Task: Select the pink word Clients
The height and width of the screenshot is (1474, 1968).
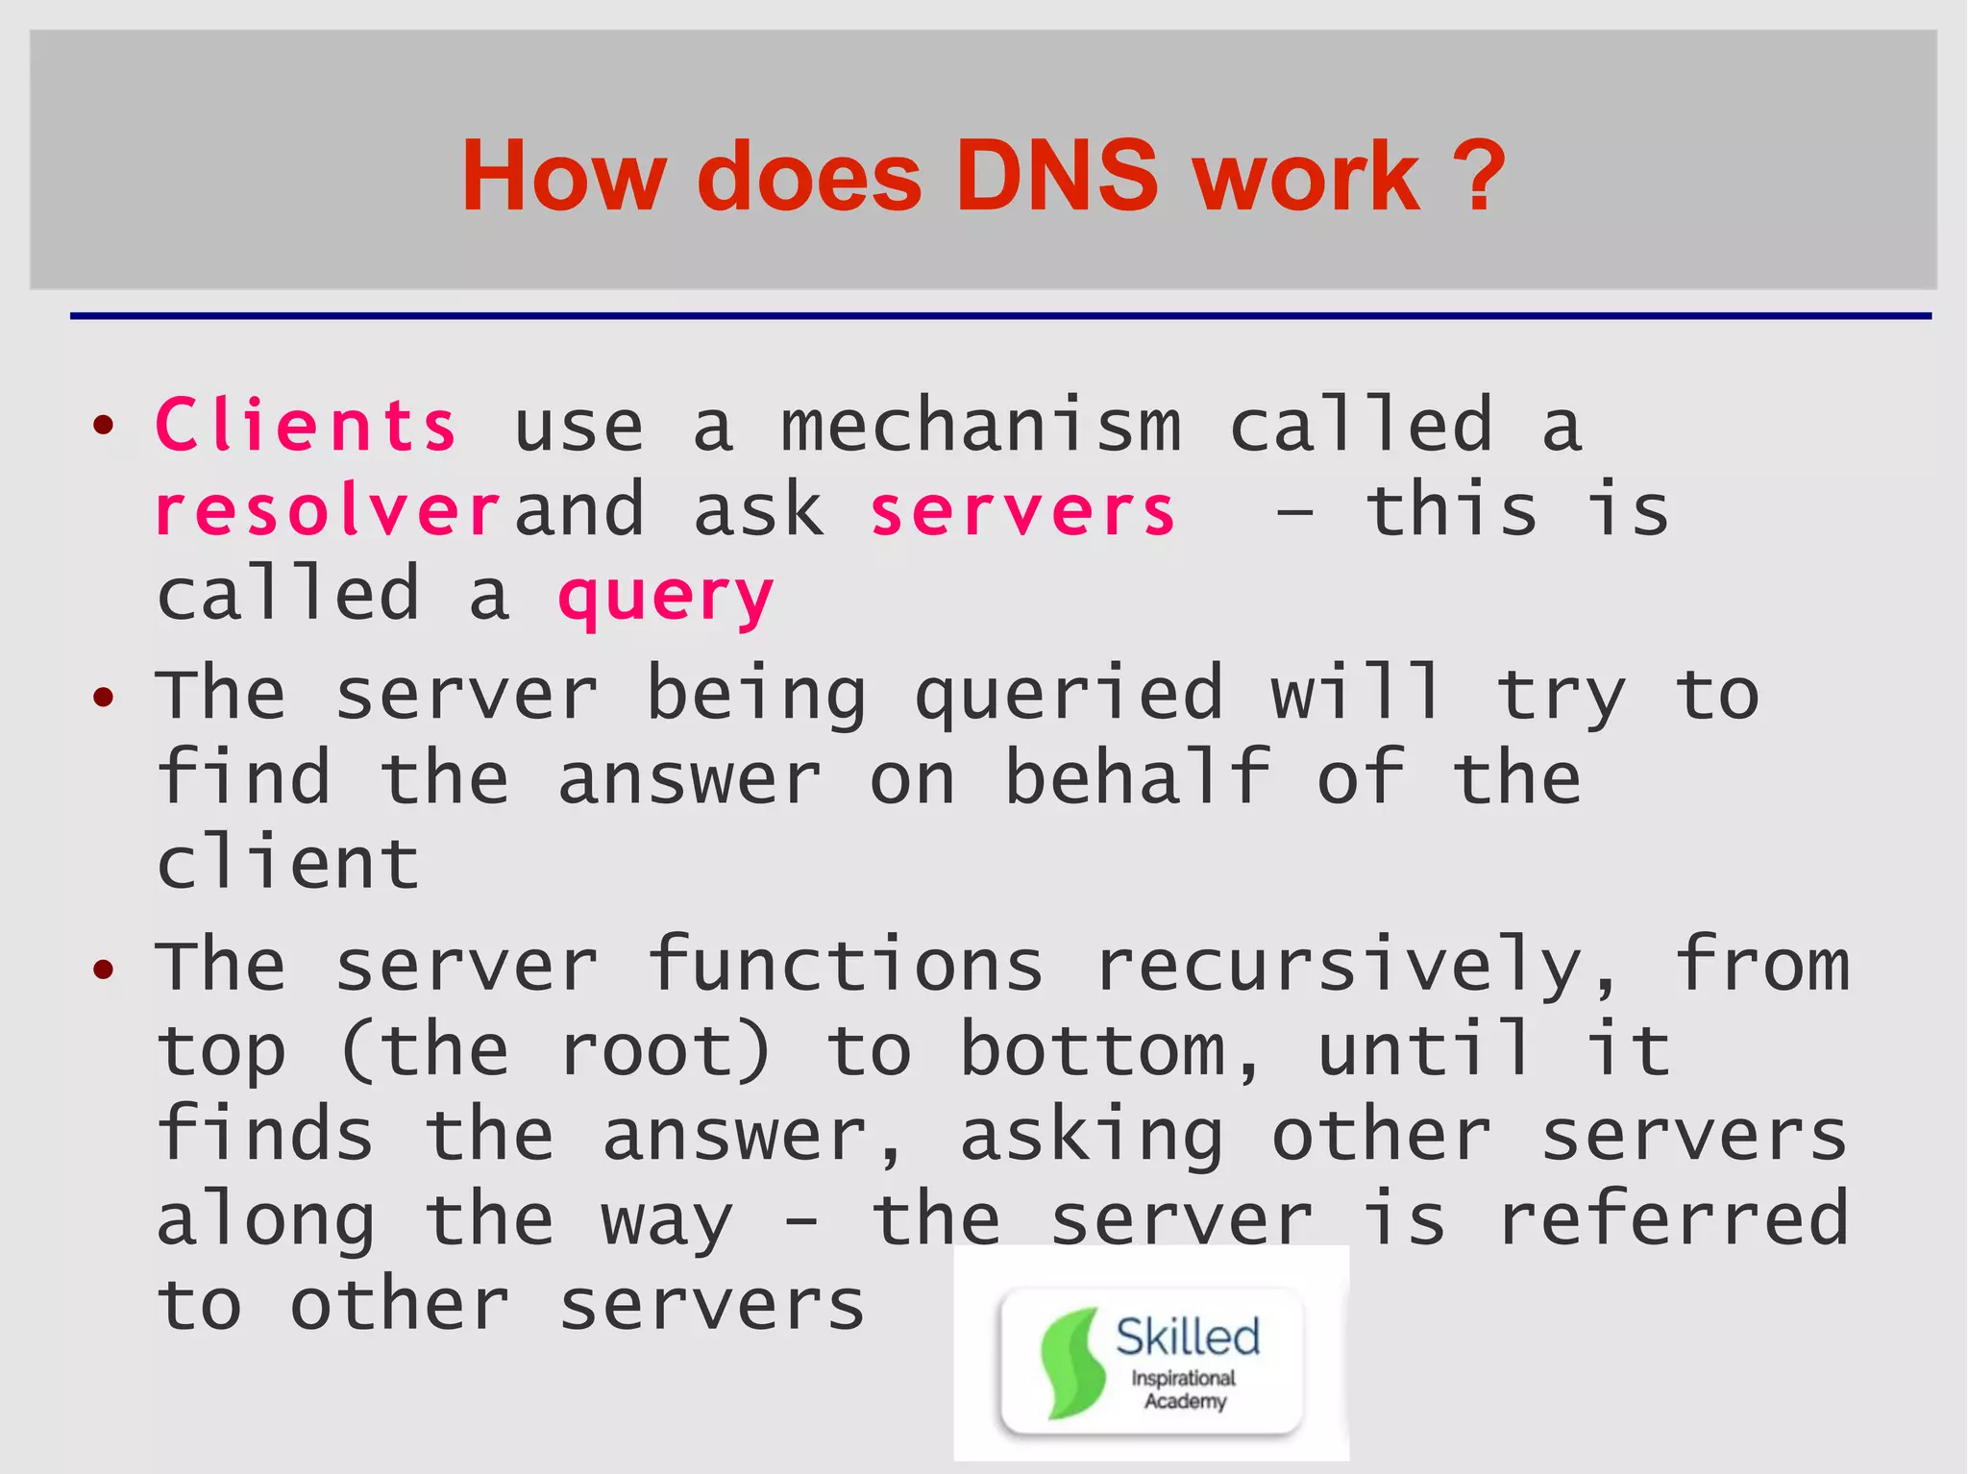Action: [306, 426]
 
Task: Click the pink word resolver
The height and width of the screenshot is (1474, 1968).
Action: [327, 510]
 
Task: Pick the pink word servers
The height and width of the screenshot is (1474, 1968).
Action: [1022, 510]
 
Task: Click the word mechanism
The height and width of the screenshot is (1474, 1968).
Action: [980, 426]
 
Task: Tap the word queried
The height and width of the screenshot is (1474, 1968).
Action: [1069, 694]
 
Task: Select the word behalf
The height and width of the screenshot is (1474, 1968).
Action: [1138, 777]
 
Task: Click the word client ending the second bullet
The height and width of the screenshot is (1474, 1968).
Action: [287, 862]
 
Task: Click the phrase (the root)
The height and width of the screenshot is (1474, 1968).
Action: [555, 1049]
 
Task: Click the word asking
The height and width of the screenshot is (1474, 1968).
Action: [1092, 1136]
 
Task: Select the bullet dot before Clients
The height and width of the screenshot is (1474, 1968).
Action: [104, 425]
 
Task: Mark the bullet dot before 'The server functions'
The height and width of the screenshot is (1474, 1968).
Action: [104, 968]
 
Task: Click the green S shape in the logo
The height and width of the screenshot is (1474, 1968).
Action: [1069, 1363]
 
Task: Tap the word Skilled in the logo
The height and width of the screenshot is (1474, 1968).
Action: [1188, 1337]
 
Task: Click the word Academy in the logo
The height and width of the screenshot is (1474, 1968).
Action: [1185, 1401]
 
